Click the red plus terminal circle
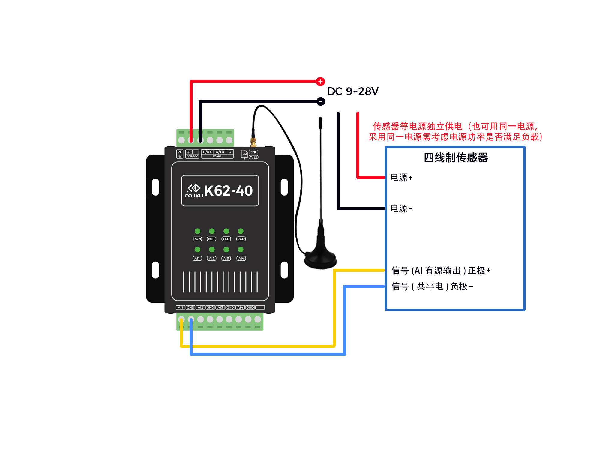point(320,81)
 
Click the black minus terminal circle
point(321,101)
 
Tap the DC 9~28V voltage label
point(353,91)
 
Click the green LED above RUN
point(197,231)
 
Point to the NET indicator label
point(211,239)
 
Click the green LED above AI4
point(241,249)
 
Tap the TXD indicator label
point(226,239)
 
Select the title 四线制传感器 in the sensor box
point(456,157)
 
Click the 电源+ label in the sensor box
point(401,177)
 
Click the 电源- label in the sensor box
point(401,208)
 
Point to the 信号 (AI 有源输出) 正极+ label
point(441,271)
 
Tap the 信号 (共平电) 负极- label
point(432,286)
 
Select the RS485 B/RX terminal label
point(207,152)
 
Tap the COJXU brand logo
point(194,191)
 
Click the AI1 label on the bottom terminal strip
point(180,307)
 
